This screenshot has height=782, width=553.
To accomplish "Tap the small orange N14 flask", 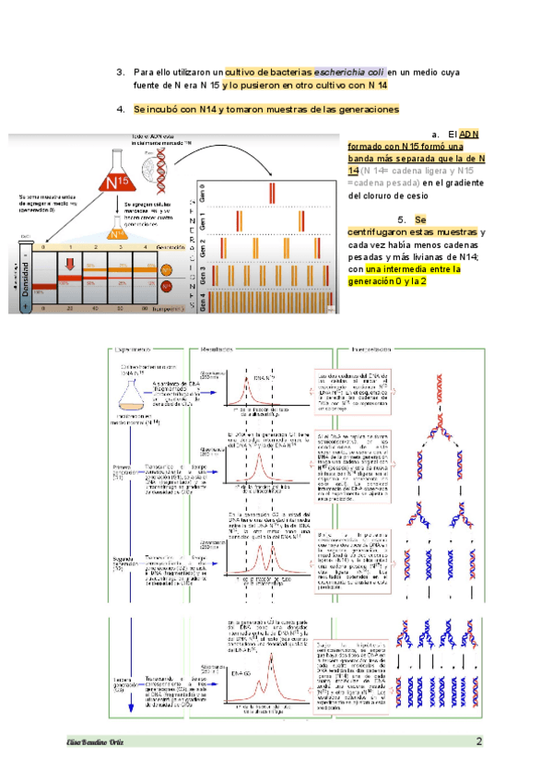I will tap(115, 234).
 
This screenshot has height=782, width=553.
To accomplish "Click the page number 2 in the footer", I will tap(479, 742).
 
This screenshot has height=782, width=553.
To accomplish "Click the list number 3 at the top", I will tap(120, 72).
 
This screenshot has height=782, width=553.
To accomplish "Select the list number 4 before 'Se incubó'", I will tap(120, 109).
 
